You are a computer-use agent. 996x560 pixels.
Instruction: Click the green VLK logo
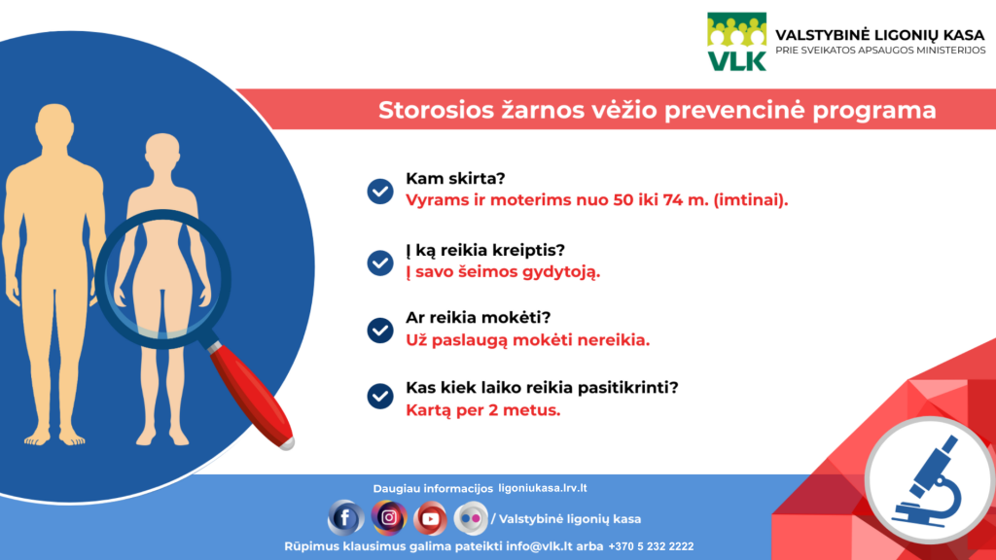tap(737, 41)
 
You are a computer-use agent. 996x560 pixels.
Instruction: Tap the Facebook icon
tap(345, 518)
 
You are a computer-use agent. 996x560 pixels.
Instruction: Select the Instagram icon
tap(389, 517)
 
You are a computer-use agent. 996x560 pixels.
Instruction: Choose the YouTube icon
tap(430, 518)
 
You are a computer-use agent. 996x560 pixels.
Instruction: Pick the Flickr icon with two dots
tap(471, 518)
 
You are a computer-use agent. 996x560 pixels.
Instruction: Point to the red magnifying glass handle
tap(250, 395)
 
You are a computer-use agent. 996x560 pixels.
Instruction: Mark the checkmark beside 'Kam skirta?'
tap(380, 192)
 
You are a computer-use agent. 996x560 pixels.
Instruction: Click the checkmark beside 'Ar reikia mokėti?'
tap(380, 331)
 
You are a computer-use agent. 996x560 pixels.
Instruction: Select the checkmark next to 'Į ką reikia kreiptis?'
tap(380, 262)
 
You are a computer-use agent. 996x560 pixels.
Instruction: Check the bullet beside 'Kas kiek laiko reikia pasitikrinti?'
tap(380, 397)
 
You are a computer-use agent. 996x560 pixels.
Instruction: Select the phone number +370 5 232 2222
tap(651, 546)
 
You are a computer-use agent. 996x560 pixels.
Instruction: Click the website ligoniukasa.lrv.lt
tap(543, 488)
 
